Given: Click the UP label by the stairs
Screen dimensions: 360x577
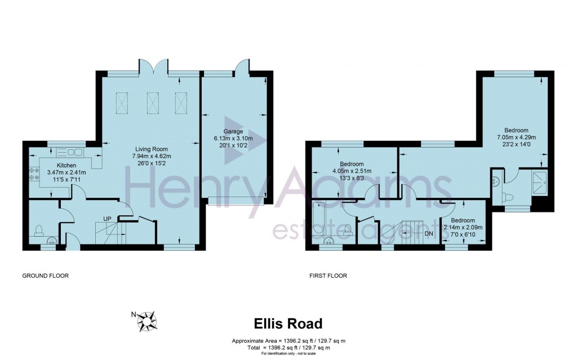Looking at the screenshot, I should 106,219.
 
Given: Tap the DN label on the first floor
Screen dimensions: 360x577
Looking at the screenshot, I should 429,233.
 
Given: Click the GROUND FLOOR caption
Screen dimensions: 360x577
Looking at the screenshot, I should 45,276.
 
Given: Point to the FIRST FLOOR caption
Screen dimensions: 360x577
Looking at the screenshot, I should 328,276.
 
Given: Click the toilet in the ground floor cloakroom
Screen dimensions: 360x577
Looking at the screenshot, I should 38,230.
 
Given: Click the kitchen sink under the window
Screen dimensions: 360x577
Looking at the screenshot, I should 69,152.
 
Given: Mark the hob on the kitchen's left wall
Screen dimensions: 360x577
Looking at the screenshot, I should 32,174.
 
